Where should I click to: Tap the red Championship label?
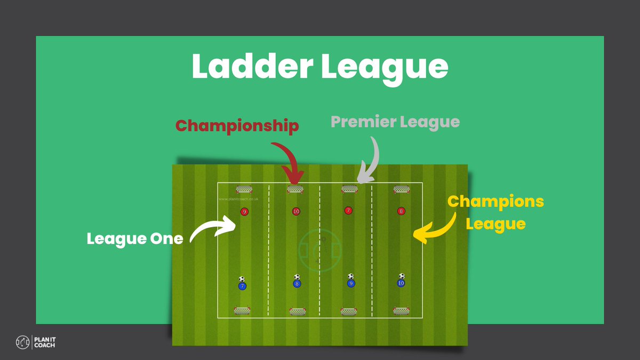coord(237,126)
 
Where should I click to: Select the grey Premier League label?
coord(395,122)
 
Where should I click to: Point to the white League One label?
coord(134,238)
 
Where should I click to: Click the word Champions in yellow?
coord(495,202)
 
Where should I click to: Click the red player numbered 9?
coord(244,212)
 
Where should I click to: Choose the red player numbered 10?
coord(296,211)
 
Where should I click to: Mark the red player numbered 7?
coord(348,210)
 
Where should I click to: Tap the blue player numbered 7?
coord(242,286)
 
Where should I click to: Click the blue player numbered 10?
coord(401,283)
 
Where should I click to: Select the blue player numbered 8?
coord(297,284)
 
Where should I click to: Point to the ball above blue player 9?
coord(350,276)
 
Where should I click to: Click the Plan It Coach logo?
coord(36,342)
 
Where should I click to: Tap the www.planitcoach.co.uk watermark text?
coord(238,199)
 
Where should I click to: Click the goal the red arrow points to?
coord(295,189)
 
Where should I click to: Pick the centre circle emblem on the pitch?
coord(321,249)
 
